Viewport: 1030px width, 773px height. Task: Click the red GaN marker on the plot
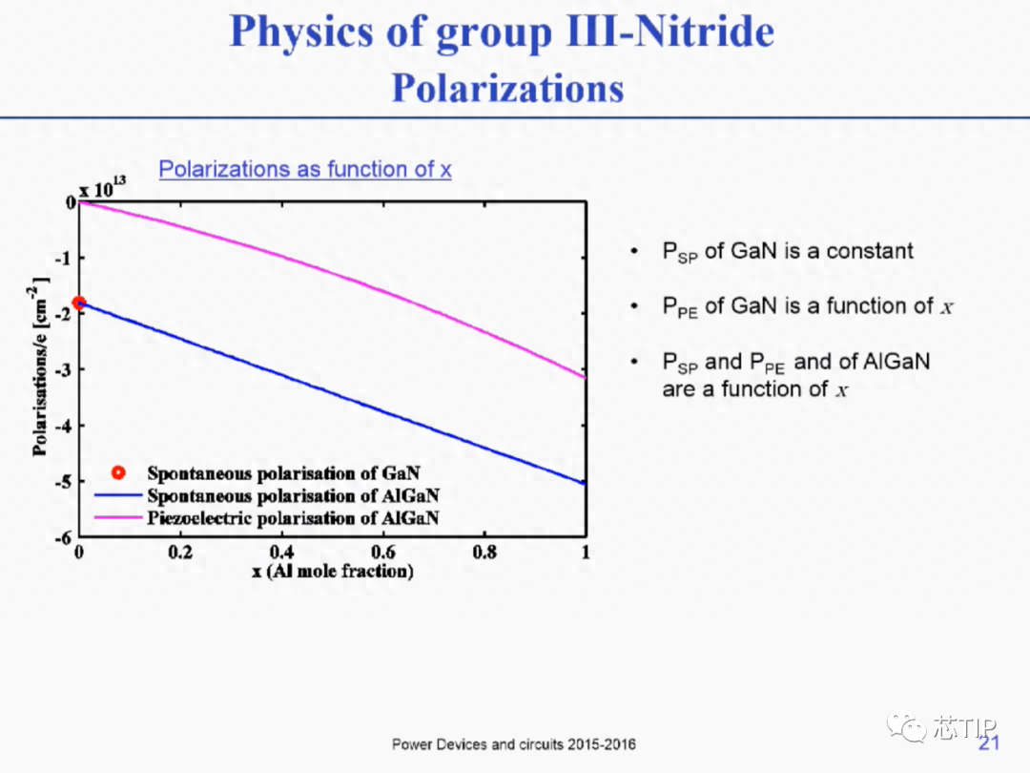click(x=79, y=303)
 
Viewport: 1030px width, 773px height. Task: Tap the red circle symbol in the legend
click(x=118, y=472)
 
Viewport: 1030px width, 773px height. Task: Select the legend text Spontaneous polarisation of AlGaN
click(x=293, y=495)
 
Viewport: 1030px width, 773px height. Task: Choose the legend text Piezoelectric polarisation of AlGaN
click(x=293, y=518)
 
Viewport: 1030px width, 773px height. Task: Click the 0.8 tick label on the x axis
click(x=484, y=552)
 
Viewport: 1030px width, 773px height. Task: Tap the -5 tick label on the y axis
click(x=62, y=482)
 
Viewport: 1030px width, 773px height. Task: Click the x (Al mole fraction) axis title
click(x=333, y=571)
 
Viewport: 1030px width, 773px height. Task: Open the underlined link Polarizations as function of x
click(x=305, y=169)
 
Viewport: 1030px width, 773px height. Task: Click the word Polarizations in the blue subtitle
click(x=507, y=88)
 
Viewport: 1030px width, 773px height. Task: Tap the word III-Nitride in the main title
click(x=670, y=31)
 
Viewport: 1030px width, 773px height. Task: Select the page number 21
click(x=989, y=742)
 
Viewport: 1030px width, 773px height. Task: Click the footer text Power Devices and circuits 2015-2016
click(x=514, y=744)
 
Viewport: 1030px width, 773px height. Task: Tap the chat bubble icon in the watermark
click(x=906, y=726)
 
